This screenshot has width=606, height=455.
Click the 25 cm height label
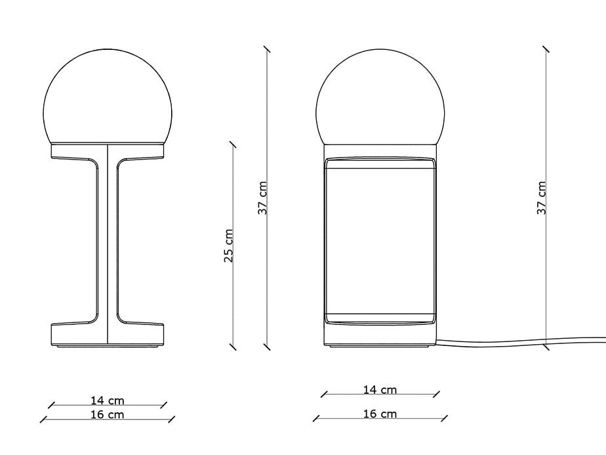[x=228, y=246]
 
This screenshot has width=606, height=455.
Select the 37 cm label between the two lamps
[x=262, y=198]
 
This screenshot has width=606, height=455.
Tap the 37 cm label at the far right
[x=542, y=198]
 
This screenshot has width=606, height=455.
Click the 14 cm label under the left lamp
[x=108, y=400]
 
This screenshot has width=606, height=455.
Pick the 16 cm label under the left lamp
[x=108, y=414]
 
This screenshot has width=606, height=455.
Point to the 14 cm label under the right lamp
[x=380, y=389]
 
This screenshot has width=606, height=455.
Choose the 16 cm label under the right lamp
[x=380, y=414]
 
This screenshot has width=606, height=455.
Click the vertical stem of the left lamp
[x=107, y=243]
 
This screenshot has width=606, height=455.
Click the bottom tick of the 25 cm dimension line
[x=232, y=345]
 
